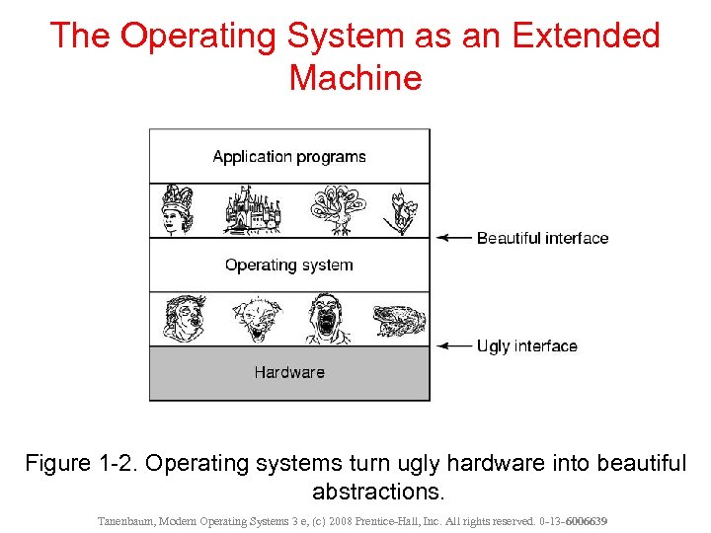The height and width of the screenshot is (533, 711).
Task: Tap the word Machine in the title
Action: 355,77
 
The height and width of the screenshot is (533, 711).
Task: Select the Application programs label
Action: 289,157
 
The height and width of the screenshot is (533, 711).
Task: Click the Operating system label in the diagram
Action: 288,265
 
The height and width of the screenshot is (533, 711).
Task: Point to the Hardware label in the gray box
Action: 289,372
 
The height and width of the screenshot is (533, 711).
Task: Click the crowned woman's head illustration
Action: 179,209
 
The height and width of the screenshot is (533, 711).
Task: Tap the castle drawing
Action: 252,210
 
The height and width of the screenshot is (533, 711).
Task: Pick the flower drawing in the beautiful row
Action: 401,210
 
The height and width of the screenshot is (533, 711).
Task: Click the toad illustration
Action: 399,320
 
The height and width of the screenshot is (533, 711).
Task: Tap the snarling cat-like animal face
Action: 257,320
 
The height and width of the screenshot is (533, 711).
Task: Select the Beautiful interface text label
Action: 542,238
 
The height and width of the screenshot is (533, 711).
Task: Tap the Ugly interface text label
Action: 526,346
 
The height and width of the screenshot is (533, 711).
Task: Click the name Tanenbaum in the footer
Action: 127,520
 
